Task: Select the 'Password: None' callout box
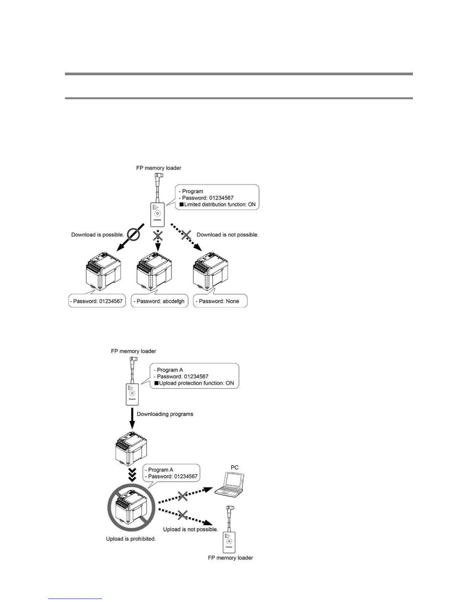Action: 220,301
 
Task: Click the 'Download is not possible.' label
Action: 227,235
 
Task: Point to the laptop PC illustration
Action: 229,484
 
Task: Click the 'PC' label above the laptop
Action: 234,467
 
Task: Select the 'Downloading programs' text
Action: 165,414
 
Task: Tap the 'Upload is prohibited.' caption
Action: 131,539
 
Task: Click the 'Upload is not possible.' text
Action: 190,529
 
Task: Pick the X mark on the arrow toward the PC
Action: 183,496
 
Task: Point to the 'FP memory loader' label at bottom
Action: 230,558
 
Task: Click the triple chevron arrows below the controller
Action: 132,475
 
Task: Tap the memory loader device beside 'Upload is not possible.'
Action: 229,535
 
